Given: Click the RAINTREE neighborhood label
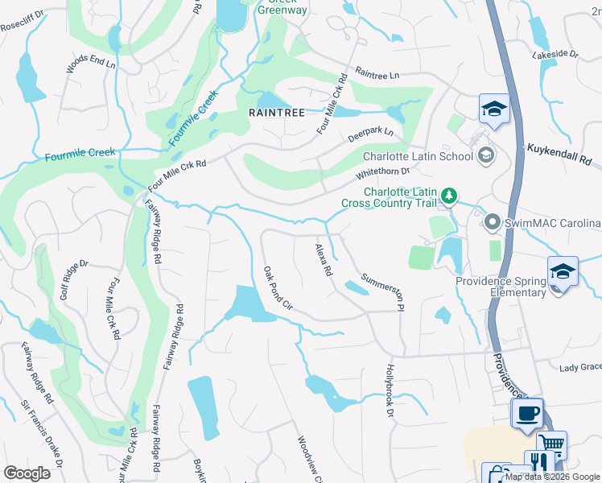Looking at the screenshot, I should tap(277, 113).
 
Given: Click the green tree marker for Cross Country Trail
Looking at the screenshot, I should tap(451, 196).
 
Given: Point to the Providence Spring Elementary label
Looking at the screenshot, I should tap(501, 287).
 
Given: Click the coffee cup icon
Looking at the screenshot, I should tap(527, 412).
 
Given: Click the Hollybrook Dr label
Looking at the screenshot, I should tap(390, 390).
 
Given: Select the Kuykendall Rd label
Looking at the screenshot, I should tap(563, 154).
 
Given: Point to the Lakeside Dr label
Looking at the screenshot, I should tap(555, 54).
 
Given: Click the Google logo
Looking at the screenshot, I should tap(27, 473).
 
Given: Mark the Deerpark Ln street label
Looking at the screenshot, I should tap(370, 134).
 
